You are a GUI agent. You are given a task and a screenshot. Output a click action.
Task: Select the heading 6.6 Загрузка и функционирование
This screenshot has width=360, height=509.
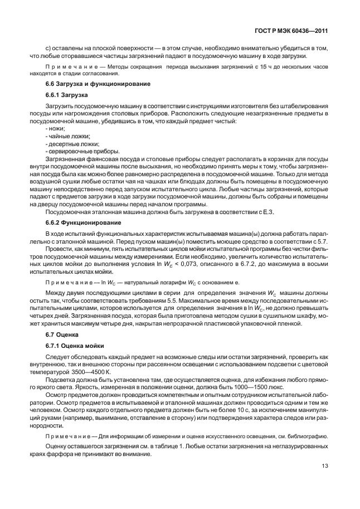[97, 84]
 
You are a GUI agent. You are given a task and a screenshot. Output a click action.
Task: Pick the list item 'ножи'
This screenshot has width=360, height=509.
[57, 128]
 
